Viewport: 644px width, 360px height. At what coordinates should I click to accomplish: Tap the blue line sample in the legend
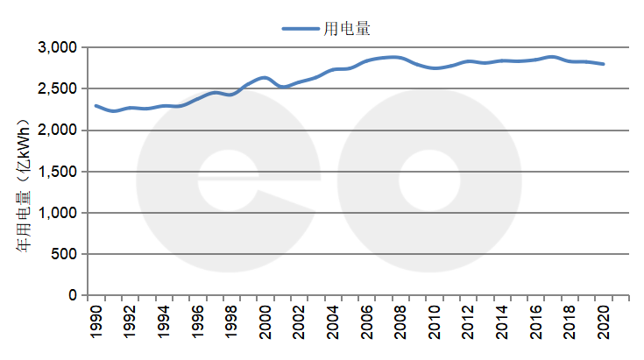(301, 28)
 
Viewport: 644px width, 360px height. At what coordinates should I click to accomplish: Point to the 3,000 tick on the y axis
(59, 47)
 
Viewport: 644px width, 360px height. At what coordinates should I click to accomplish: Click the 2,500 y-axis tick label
(59, 88)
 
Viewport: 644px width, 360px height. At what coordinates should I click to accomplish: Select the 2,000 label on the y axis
(59, 131)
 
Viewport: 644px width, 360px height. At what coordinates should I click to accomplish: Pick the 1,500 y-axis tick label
(59, 172)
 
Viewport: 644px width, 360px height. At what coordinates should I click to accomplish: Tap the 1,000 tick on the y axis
(59, 213)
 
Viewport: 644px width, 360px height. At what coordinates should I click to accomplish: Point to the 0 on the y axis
(74, 296)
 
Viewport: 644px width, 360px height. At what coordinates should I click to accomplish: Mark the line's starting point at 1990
(96, 106)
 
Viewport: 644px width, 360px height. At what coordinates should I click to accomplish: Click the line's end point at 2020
(604, 64)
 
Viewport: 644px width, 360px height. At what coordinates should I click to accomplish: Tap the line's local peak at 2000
(265, 77)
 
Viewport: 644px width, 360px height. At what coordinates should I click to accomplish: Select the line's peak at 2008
(399, 58)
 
